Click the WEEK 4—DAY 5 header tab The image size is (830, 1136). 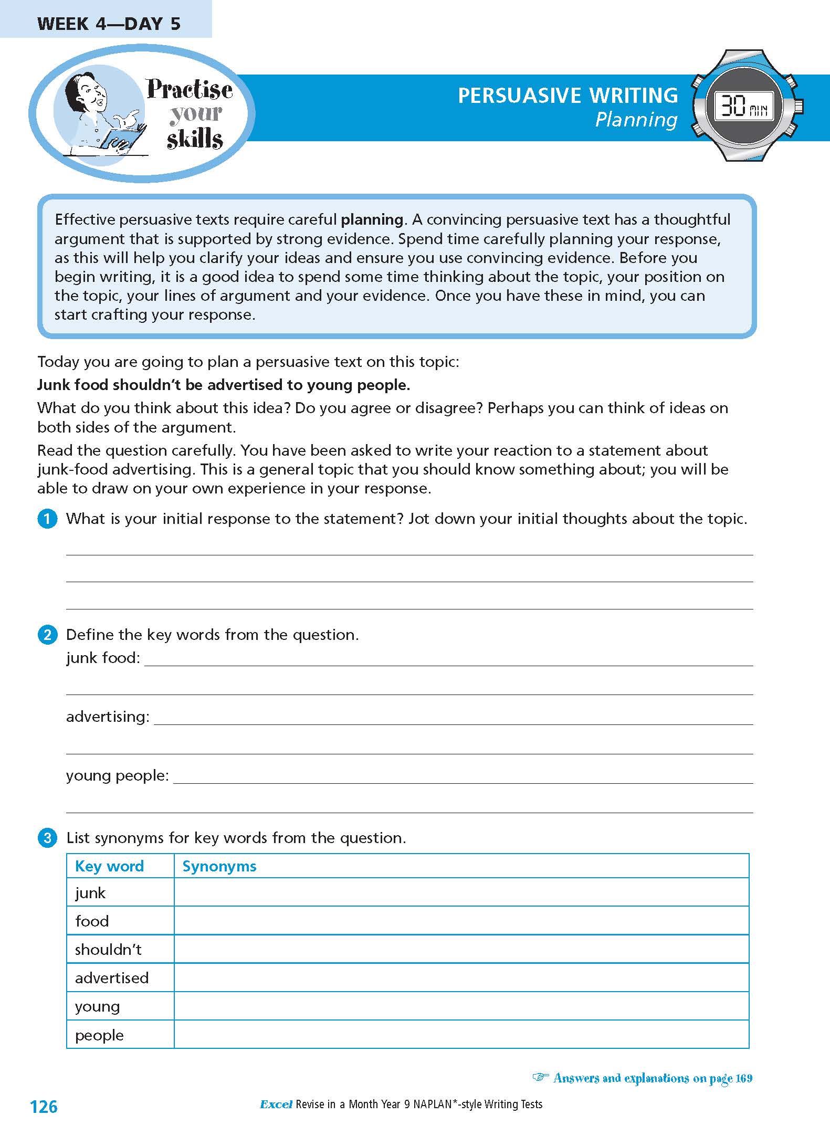tap(109, 24)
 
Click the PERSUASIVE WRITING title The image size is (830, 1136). tap(568, 96)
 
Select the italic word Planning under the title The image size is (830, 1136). tap(636, 120)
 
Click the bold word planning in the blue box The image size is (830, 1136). tap(372, 219)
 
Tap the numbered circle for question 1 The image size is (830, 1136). tap(47, 519)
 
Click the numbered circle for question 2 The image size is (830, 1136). tap(47, 635)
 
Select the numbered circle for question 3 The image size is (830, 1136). tap(47, 838)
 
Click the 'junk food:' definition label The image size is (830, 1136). tap(103, 658)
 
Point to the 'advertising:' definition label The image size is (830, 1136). tap(108, 717)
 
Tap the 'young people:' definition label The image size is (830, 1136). tap(118, 775)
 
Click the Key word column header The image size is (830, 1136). tap(109, 866)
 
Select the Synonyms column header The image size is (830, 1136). tap(219, 866)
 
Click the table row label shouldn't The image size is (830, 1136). tap(108, 950)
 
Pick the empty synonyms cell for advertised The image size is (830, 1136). tap(461, 977)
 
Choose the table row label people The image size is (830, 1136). tap(99, 1035)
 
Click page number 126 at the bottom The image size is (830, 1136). tap(44, 1107)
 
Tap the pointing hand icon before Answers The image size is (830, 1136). tap(540, 1078)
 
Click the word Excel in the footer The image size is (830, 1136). tap(276, 1105)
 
